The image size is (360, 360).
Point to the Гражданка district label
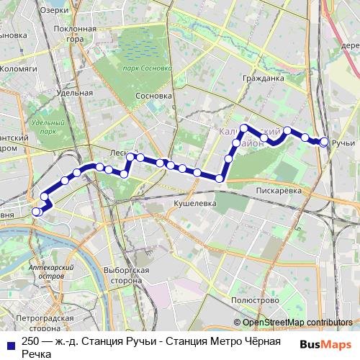[x=261, y=77]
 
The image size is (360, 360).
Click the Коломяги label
[x=20, y=69]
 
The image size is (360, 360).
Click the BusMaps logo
[x=325, y=344]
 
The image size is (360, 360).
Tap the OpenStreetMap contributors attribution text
[x=297, y=323]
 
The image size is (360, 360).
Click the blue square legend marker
[x=10, y=344]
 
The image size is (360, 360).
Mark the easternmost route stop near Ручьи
[x=325, y=143]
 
